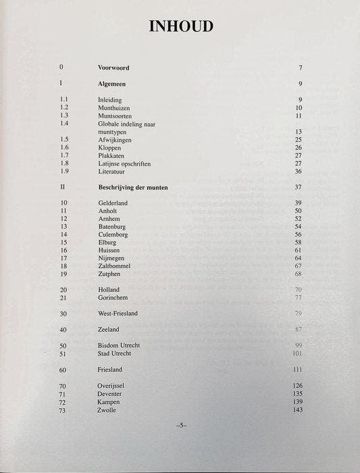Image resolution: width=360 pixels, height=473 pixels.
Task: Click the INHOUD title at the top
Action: (180, 26)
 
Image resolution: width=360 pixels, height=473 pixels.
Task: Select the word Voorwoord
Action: (113, 68)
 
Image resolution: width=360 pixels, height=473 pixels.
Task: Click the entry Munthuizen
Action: (113, 107)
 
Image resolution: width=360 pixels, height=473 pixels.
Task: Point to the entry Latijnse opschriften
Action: (124, 164)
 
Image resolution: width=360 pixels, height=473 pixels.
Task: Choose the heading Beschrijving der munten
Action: (133, 186)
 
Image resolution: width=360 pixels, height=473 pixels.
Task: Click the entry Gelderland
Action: (113, 203)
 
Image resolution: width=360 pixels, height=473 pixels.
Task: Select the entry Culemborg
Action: (113, 234)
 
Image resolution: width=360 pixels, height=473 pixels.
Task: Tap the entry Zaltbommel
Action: (114, 266)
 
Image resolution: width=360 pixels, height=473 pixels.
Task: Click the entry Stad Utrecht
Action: (115, 353)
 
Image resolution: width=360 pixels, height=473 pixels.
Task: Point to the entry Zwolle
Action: (107, 409)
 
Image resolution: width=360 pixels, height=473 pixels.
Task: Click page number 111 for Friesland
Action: (297, 370)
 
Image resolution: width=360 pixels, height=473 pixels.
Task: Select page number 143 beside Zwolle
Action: (297, 409)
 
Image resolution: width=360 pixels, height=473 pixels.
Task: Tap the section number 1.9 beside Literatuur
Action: (64, 172)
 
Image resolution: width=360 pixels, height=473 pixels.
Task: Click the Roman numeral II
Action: (63, 186)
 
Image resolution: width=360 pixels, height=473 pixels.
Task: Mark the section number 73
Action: (63, 409)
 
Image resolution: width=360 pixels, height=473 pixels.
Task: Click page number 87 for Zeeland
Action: (298, 330)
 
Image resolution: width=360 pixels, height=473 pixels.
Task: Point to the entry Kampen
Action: (109, 401)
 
